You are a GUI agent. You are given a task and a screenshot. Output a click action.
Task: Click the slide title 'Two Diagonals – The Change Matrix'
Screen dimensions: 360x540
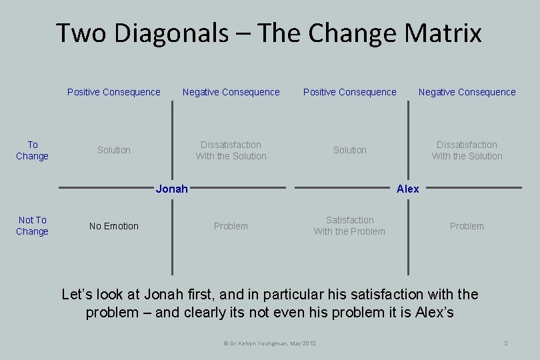tap(269, 33)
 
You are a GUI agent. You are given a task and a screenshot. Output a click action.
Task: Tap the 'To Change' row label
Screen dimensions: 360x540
tap(33, 150)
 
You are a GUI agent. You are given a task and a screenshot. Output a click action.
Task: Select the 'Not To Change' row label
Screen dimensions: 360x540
tap(33, 225)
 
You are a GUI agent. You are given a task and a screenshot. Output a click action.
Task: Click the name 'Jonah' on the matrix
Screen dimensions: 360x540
tap(171, 189)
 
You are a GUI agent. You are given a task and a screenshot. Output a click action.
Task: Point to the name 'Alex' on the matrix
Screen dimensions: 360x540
tap(407, 189)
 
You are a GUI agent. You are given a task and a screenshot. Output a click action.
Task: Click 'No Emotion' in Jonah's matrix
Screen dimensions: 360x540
tap(114, 226)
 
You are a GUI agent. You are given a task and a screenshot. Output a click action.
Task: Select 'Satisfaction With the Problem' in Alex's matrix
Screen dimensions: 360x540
tap(349, 225)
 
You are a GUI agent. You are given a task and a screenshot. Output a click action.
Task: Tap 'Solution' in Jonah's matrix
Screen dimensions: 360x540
tap(114, 150)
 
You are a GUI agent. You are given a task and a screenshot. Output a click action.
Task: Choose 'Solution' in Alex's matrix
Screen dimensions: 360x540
tap(350, 150)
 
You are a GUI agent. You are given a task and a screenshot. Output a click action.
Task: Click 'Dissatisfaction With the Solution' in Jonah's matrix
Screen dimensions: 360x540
tap(231, 150)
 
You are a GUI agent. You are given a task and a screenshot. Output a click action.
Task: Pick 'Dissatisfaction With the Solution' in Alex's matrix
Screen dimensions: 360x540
tap(467, 150)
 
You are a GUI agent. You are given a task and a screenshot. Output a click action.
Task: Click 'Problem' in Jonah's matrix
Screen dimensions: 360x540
tap(231, 226)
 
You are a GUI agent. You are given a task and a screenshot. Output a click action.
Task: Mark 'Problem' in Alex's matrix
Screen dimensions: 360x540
tap(467, 226)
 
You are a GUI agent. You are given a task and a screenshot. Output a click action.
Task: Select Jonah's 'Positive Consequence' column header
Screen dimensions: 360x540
tap(114, 92)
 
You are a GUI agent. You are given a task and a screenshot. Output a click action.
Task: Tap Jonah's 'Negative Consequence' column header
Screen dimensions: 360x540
tap(231, 92)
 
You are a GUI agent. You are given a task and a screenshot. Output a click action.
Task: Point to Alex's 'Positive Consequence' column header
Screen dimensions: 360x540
tap(350, 92)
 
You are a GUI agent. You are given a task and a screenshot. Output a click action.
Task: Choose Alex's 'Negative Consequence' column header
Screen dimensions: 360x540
tap(467, 92)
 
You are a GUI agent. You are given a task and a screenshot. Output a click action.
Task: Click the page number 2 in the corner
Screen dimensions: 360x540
tap(507, 343)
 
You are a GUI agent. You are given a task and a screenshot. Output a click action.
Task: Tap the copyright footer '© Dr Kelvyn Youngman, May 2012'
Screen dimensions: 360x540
tap(270, 343)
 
